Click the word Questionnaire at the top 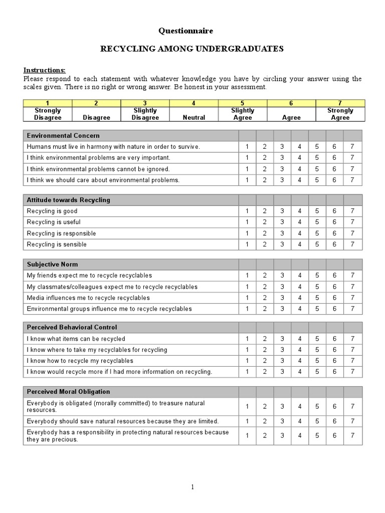click(x=186, y=31)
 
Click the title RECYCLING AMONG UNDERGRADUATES click(x=192, y=49)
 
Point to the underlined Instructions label click(x=44, y=70)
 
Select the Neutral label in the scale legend click(x=194, y=118)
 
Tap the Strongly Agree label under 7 click(x=340, y=114)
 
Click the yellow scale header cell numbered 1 click(x=48, y=103)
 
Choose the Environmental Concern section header click(x=63, y=136)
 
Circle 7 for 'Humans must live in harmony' click(x=352, y=147)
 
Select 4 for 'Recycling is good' click(x=299, y=211)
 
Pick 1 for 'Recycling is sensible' click(x=247, y=244)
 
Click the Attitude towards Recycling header click(x=68, y=200)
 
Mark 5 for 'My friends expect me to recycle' click(x=317, y=276)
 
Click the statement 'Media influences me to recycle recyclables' click(x=88, y=298)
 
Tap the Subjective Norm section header click(x=53, y=264)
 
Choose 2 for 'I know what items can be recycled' click(x=265, y=339)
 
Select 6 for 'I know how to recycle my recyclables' click(x=334, y=361)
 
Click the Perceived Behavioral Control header click(x=72, y=328)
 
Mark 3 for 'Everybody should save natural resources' click(x=282, y=421)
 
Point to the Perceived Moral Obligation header click(x=68, y=392)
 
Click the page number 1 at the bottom click(x=192, y=487)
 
